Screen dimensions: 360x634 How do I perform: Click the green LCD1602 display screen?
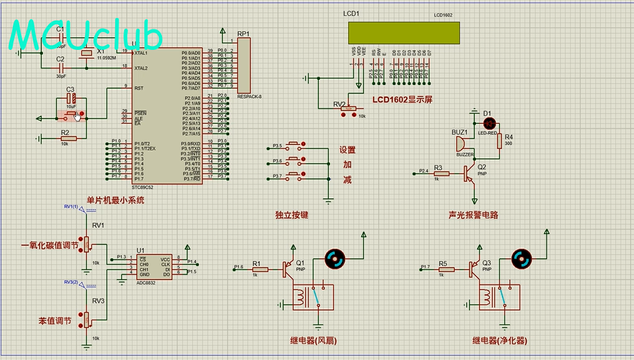[x=403, y=32]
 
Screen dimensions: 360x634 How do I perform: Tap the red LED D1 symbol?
[x=489, y=121]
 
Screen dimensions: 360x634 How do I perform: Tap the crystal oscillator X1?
[x=86, y=58]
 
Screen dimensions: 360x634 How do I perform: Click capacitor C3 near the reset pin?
[x=72, y=99]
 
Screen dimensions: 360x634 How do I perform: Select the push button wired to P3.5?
[x=295, y=145]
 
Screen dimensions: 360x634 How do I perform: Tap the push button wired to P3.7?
[x=295, y=176]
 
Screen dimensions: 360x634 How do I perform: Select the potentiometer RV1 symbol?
[x=88, y=243]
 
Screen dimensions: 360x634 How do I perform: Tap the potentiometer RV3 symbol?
[x=88, y=318]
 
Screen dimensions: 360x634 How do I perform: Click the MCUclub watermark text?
[x=86, y=36]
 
